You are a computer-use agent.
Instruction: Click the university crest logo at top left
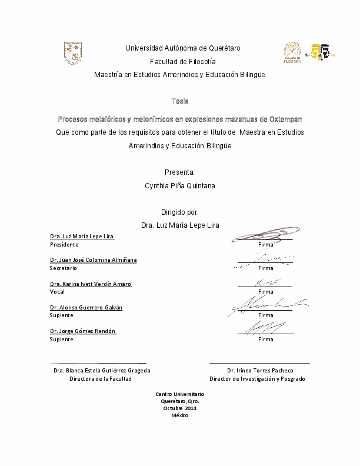(72, 53)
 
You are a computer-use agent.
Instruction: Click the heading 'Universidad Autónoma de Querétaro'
(183, 48)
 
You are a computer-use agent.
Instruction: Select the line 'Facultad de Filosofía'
(183, 61)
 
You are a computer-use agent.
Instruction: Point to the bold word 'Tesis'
(180, 101)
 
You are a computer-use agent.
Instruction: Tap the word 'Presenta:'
(180, 172)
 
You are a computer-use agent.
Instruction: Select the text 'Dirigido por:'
(180, 212)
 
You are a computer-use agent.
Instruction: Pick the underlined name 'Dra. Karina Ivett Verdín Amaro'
(91, 284)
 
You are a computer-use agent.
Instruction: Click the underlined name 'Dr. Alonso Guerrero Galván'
(86, 307)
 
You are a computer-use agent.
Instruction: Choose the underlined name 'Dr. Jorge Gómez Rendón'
(84, 331)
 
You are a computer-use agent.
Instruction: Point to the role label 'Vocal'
(57, 291)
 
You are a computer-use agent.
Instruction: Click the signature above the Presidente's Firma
(263, 234)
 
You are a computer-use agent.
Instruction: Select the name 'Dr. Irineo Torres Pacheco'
(259, 371)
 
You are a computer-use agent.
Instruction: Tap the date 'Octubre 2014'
(179, 408)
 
